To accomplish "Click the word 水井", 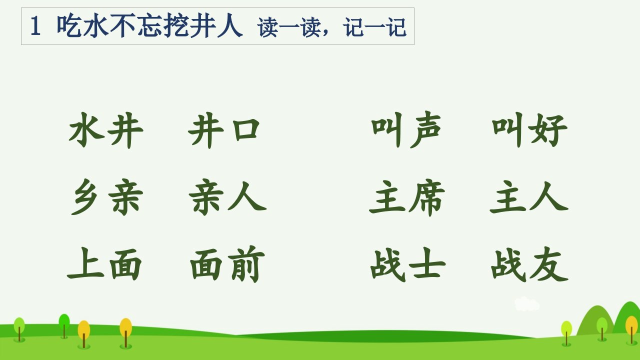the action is [x=106, y=130].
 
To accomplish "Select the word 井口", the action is [x=224, y=130].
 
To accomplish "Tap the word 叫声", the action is [x=406, y=129].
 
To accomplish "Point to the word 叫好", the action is [x=529, y=130].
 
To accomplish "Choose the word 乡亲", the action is [x=107, y=197].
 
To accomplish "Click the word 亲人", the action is [x=227, y=197].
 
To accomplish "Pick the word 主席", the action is [x=407, y=197].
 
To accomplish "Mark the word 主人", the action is [x=529, y=197].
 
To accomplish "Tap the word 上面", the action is [x=104, y=263].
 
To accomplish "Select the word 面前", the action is [x=227, y=263].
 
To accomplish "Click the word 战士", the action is [x=408, y=264].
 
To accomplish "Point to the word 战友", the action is [x=529, y=264].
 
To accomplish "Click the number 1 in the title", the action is [x=35, y=26].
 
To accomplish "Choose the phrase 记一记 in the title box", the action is [x=374, y=27].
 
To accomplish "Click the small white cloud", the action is [x=526, y=303].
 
